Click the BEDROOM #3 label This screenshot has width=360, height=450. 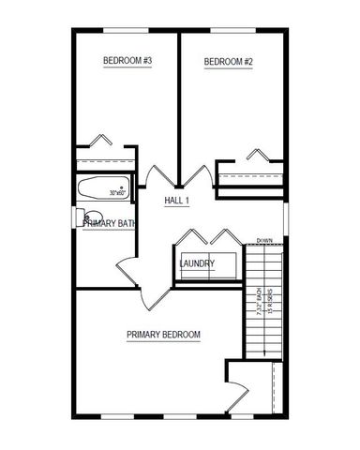pos(127,61)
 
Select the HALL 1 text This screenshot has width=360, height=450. pos(177,202)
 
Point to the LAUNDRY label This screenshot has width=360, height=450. pos(197,263)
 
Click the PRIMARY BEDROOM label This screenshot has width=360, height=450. pos(163,335)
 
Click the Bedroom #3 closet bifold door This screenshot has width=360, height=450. pos(100,142)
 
